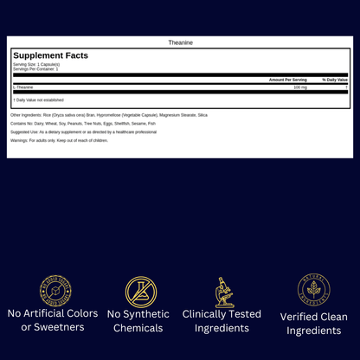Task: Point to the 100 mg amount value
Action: tap(300, 87)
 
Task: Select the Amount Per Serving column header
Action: tap(288, 80)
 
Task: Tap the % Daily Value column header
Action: tap(335, 80)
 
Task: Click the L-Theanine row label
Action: tap(23, 87)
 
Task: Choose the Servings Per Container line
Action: tap(35, 68)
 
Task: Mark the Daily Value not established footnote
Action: tap(40, 100)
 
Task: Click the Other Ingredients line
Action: tap(108, 114)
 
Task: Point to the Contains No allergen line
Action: tap(83, 123)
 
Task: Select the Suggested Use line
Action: tap(83, 132)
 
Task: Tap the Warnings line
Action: tap(59, 140)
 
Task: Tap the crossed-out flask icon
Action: tap(140, 292)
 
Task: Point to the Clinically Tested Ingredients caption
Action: tap(222, 321)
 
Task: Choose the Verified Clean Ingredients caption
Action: tap(314, 323)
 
